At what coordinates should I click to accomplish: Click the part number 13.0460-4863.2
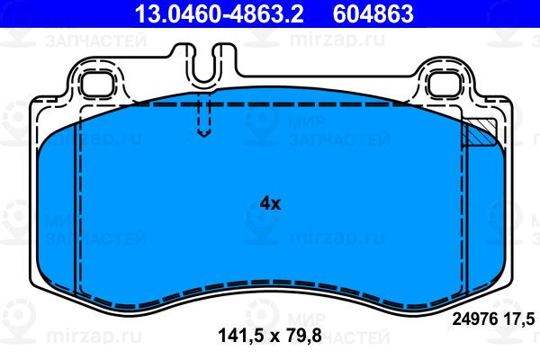[219, 13]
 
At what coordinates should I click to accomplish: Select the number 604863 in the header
[373, 13]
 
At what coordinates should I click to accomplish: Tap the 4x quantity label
[270, 203]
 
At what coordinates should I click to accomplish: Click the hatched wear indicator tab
[479, 132]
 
